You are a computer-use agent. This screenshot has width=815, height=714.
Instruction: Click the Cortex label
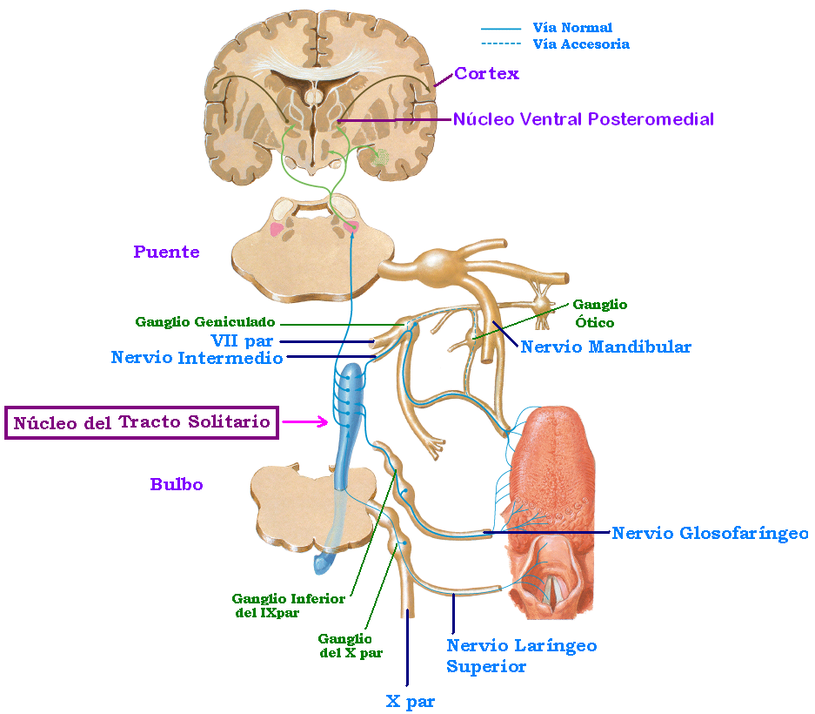[x=486, y=74]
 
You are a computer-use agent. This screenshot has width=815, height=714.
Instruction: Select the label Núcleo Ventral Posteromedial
[x=583, y=119]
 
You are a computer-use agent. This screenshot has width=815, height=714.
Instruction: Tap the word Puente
[x=166, y=253]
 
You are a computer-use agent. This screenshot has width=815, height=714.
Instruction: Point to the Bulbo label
[x=177, y=484]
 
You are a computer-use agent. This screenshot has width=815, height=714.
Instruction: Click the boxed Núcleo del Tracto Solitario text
[x=142, y=422]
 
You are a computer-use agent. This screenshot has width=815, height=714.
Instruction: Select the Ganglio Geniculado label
[x=205, y=322]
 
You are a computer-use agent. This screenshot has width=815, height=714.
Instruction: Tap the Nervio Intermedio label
[x=197, y=358]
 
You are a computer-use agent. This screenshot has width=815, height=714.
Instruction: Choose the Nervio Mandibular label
[x=605, y=347]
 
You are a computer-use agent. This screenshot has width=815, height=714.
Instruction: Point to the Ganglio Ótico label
[x=599, y=313]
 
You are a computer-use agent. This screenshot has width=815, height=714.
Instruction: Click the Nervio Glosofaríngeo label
[x=710, y=533]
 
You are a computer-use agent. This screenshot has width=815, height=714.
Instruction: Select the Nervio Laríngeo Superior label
[x=521, y=656]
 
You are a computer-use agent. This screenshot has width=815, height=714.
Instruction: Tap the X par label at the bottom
[x=410, y=701]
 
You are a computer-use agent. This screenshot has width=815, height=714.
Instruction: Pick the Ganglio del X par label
[x=350, y=645]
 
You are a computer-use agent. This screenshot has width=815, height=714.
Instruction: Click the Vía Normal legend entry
[x=572, y=28]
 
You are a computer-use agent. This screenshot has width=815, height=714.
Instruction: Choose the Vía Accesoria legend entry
[x=580, y=44]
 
